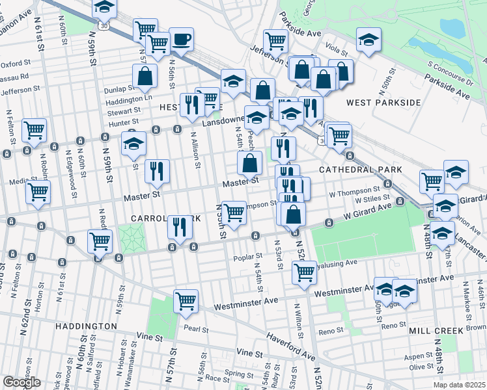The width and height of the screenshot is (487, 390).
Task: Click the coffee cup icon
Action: (181, 39)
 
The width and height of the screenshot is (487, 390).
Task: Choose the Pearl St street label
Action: (195, 329)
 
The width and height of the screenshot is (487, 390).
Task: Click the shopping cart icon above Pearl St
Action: (186, 302)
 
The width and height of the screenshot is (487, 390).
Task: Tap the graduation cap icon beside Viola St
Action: (369, 40)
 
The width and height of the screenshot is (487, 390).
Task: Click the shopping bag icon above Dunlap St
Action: (145, 77)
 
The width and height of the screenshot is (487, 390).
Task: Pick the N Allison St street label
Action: (195, 149)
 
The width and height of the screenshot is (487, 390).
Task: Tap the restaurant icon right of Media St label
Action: (157, 172)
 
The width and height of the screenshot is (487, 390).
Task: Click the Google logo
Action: (21, 382)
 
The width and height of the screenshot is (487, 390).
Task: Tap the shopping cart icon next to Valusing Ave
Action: (304, 273)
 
